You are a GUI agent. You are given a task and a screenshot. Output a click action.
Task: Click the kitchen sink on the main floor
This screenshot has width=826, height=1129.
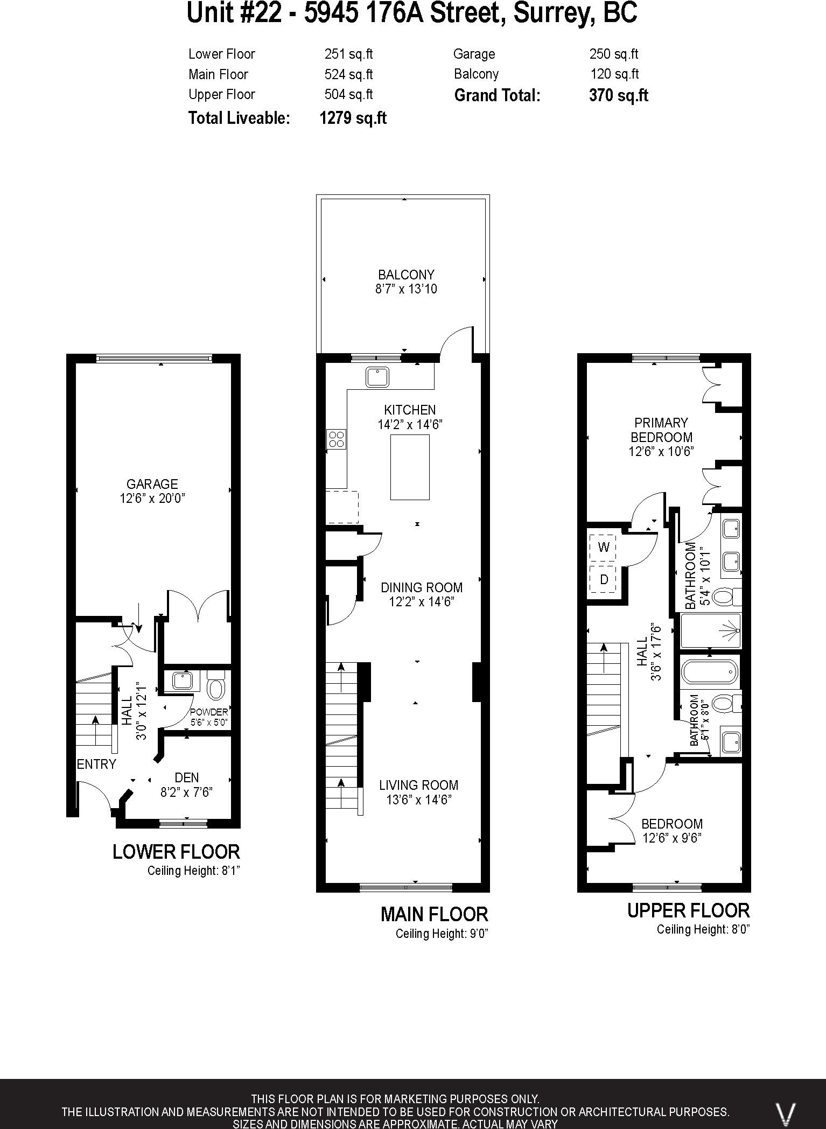377,377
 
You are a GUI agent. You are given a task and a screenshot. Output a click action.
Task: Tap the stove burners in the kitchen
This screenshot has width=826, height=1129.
337,439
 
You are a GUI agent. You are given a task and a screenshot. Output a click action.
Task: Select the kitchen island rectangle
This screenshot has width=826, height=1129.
410,467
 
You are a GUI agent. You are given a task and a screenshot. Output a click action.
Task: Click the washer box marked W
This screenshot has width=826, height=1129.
604,547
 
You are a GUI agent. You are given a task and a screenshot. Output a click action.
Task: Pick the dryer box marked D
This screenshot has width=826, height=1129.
604,579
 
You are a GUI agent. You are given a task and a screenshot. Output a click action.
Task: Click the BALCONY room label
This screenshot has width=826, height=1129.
406,275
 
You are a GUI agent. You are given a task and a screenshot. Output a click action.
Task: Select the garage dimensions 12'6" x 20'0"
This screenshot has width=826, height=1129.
152,499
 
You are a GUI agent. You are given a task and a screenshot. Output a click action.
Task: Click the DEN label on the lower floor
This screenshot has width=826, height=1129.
187,777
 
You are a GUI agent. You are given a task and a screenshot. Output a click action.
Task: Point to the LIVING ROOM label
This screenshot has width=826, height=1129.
418,785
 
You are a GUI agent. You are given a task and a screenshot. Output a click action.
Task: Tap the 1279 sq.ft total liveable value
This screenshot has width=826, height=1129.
353,118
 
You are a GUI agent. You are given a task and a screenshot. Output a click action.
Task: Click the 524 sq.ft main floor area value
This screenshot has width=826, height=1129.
348,74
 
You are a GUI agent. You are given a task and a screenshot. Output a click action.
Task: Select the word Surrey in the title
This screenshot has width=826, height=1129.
552,13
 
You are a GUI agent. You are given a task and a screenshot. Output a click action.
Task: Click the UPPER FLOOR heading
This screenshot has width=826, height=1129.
688,910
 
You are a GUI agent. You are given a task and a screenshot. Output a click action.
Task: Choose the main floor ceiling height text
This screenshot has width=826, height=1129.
442,934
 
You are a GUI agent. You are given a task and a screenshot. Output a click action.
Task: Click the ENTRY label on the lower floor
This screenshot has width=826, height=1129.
96,764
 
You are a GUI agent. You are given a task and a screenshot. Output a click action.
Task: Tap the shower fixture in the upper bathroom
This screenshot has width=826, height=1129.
730,630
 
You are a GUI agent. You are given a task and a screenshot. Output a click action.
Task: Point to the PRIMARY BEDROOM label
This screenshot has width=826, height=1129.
661,430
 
